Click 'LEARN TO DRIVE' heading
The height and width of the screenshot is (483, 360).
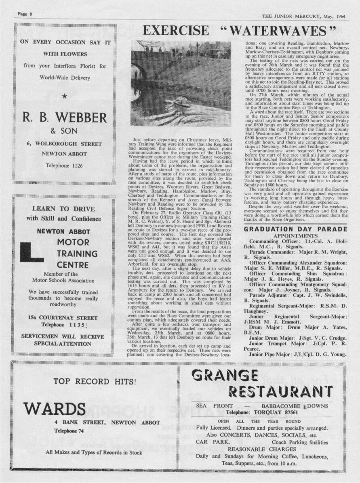[64, 209]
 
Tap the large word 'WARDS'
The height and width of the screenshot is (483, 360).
[55, 409]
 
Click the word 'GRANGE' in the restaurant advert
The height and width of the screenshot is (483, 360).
[225, 376]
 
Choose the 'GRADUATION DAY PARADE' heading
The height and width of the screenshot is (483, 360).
[296, 229]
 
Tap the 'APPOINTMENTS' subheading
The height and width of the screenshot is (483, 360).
[296, 236]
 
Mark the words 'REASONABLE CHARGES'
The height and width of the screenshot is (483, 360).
[261, 449]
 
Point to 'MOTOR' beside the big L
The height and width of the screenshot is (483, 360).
[73, 242]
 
